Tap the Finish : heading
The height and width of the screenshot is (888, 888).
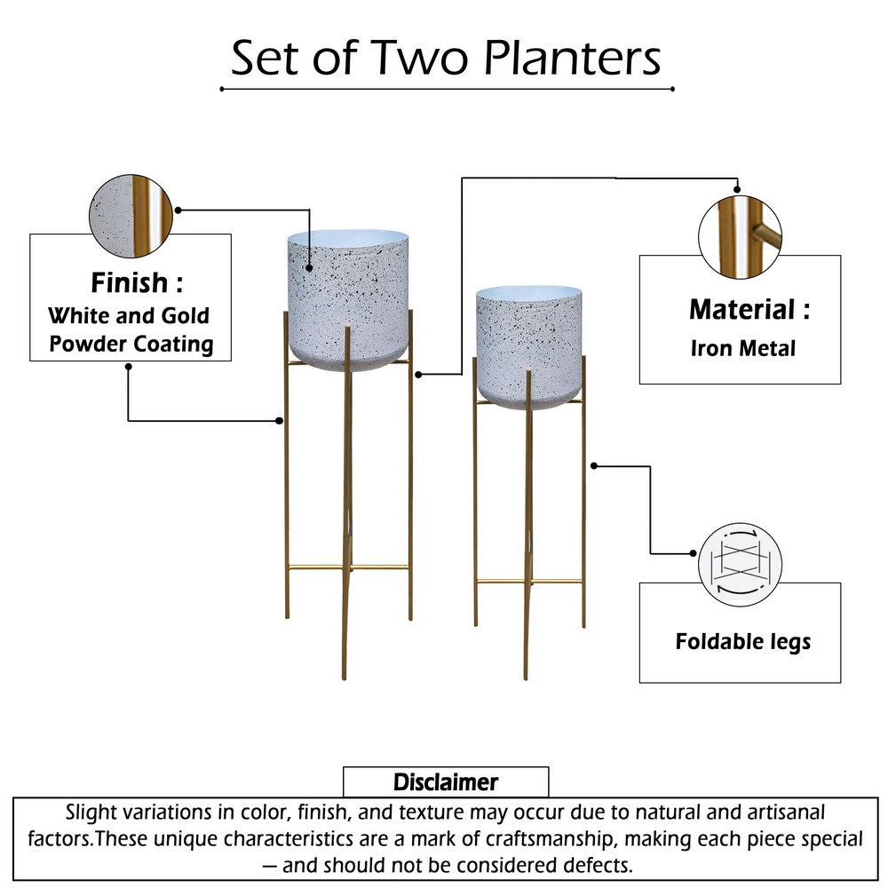[x=136, y=283]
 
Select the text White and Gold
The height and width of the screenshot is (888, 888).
[x=129, y=315]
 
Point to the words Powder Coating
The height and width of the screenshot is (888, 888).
[x=131, y=344]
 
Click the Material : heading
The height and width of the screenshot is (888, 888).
[x=749, y=310]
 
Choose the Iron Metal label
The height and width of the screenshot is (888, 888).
[x=742, y=348]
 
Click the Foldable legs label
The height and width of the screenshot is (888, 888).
[x=742, y=641]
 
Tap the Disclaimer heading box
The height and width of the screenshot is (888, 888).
[x=445, y=782]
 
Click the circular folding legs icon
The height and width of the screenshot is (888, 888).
[x=740, y=564]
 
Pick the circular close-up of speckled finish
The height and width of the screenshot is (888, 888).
[x=131, y=216]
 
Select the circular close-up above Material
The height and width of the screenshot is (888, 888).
[x=740, y=237]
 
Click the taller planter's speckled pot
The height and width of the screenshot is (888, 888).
[x=348, y=302]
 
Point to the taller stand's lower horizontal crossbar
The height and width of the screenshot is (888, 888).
[x=348, y=567]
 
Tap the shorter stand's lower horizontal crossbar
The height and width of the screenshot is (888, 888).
[x=529, y=582]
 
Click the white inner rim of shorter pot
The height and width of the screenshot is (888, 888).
[x=529, y=292]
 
